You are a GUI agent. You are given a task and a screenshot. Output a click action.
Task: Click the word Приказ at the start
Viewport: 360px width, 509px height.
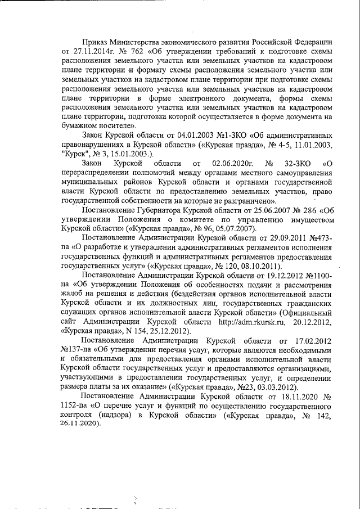tap(96, 43)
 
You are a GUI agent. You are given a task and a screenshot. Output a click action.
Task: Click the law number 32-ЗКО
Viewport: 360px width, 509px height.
tap(297, 163)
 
